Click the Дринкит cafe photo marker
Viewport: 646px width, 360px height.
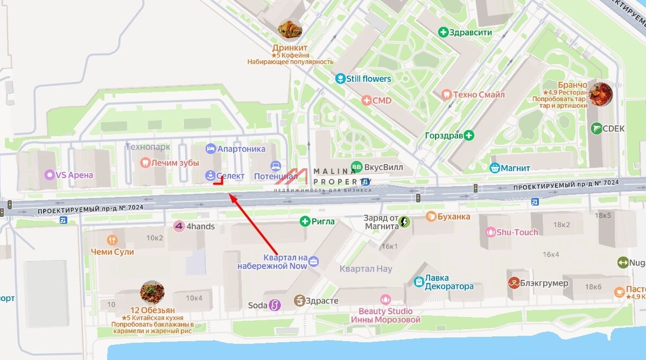coord(290,30)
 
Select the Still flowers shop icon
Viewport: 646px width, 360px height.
coord(340,79)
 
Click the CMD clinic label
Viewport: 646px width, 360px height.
coord(382,101)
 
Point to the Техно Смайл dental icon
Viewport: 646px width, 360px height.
coord(445,94)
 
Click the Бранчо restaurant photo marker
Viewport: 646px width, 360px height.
coord(600,94)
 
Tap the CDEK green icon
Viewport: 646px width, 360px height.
coord(596,128)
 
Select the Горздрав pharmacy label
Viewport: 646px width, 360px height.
coord(444,135)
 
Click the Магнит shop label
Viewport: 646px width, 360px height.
coord(515,168)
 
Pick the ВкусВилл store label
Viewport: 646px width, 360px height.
coord(383,167)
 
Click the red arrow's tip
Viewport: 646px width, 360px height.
coord(229,194)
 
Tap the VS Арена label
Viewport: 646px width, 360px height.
coord(74,174)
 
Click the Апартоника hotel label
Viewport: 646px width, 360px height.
coord(242,149)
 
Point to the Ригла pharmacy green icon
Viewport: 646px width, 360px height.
coord(305,221)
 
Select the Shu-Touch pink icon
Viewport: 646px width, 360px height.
coord(490,232)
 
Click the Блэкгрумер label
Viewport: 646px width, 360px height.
coord(544,283)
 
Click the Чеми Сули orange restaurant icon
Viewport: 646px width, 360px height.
coord(112,240)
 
